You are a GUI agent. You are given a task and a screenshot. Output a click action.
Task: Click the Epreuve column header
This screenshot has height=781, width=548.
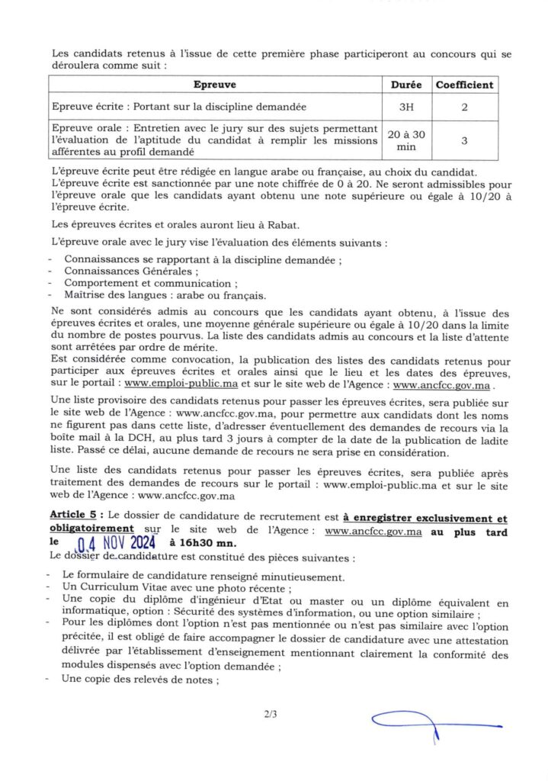point(214,85)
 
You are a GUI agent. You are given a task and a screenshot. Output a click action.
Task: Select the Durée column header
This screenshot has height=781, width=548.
point(405,85)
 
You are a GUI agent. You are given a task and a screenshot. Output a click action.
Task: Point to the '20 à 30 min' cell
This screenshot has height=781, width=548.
point(405,141)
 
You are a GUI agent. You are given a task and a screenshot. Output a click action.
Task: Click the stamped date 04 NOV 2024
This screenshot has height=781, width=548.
point(118,543)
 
